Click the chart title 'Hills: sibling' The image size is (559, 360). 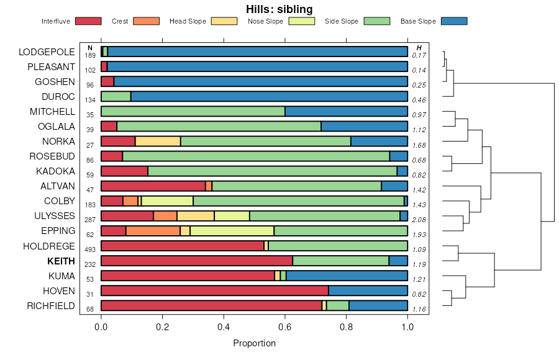click(x=279, y=9)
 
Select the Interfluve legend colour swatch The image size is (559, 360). click(x=88, y=21)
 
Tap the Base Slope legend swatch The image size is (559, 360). click(x=453, y=21)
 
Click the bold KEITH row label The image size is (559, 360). click(x=61, y=261)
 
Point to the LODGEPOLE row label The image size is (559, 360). click(x=47, y=52)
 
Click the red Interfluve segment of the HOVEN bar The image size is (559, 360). click(x=214, y=290)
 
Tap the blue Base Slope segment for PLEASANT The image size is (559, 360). click(x=257, y=66)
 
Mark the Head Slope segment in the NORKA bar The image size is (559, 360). click(x=158, y=141)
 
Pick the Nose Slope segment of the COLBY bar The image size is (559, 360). click(x=167, y=201)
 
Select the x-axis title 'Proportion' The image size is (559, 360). click(x=254, y=343)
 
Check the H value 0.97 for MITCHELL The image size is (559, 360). click(x=419, y=115)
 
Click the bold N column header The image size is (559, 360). click(x=90, y=48)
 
